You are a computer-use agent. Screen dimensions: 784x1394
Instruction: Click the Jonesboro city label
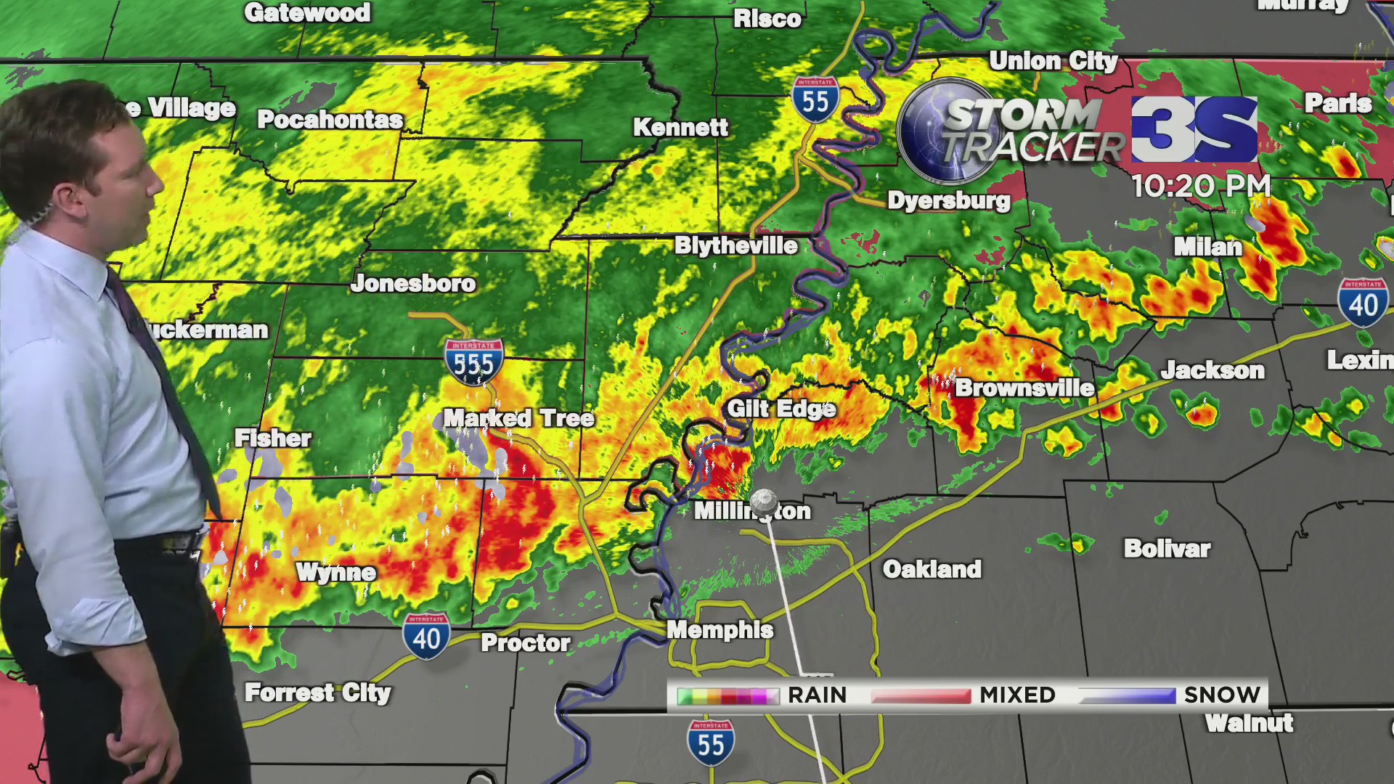click(413, 283)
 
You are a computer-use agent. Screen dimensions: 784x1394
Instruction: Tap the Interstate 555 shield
click(474, 362)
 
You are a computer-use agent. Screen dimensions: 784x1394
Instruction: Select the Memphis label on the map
click(720, 629)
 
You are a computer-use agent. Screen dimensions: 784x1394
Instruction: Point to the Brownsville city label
click(1024, 388)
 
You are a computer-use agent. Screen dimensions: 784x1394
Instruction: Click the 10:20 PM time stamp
click(1201, 186)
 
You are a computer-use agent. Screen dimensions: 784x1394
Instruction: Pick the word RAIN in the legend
click(818, 695)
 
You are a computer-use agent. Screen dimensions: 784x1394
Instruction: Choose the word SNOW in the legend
click(1222, 695)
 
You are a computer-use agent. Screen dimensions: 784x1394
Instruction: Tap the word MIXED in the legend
click(1017, 695)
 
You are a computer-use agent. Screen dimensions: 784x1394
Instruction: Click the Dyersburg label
click(949, 200)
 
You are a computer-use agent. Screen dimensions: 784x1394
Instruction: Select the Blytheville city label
click(736, 245)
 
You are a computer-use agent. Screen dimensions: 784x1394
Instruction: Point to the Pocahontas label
click(330, 119)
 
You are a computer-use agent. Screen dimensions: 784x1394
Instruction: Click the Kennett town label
click(680, 128)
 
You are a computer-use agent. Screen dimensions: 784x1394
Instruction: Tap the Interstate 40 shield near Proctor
click(426, 637)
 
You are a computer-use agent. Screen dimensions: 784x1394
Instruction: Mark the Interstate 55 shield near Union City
click(815, 99)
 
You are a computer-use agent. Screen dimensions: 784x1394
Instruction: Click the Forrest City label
click(318, 693)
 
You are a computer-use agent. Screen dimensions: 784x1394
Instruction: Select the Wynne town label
click(336, 572)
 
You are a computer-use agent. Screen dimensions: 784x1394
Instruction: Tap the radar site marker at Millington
click(763, 502)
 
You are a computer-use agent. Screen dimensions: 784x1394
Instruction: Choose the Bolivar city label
click(1167, 548)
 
